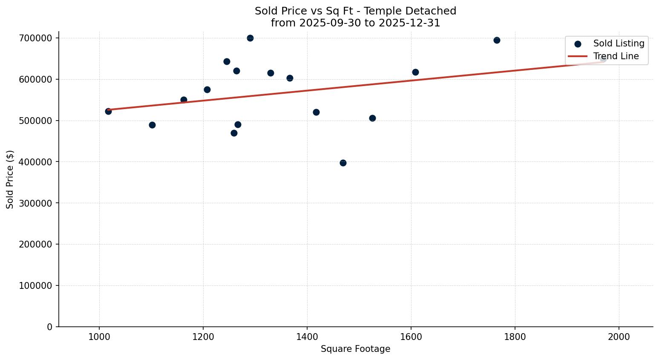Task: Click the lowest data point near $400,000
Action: pos(343,163)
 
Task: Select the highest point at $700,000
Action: pos(250,38)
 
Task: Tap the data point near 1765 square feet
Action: pos(497,40)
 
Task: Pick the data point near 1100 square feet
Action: pos(152,125)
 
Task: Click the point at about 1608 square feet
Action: pos(415,72)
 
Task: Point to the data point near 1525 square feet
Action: pos(372,118)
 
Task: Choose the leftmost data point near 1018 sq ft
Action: pos(108,111)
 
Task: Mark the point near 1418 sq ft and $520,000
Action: pos(316,112)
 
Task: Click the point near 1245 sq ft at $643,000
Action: pos(227,61)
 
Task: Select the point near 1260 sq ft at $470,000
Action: pos(234,133)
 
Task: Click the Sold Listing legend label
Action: pos(619,43)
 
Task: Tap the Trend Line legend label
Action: pos(616,56)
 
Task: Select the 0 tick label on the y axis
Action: pos(50,327)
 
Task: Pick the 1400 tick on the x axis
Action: pos(307,336)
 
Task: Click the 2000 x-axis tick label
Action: pos(619,336)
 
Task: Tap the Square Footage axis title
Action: pos(355,349)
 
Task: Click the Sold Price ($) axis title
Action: pos(10,179)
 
